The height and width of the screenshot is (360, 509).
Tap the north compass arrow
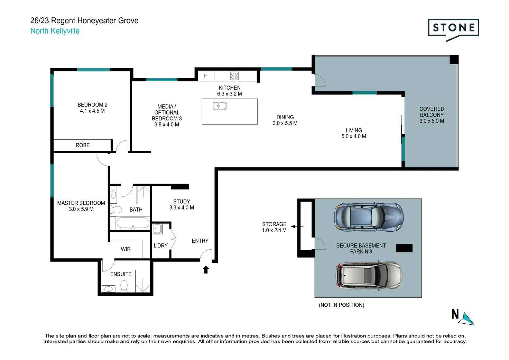(467, 319)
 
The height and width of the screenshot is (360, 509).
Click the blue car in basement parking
(369, 217)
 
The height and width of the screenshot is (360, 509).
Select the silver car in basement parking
(369, 276)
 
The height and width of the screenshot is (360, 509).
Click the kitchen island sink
(220, 106)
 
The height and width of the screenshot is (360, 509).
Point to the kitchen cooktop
(234, 76)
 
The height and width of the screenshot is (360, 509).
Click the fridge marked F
(206, 76)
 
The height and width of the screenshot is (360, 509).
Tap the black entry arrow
(206, 269)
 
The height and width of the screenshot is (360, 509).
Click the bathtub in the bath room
(133, 223)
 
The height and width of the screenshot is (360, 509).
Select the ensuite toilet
(124, 286)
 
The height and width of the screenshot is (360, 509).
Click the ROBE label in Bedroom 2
(83, 145)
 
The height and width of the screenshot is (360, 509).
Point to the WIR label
(126, 249)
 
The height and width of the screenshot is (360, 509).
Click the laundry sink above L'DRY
(157, 229)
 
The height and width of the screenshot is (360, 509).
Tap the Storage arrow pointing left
(297, 227)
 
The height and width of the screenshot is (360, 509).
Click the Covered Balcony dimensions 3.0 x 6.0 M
(432, 121)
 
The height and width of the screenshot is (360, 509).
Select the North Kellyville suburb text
(55, 31)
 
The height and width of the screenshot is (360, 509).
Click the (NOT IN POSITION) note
(342, 305)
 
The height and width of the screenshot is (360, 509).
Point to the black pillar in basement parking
(404, 248)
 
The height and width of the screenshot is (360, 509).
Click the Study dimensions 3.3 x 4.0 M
(182, 207)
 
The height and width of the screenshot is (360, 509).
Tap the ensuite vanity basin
(108, 289)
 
